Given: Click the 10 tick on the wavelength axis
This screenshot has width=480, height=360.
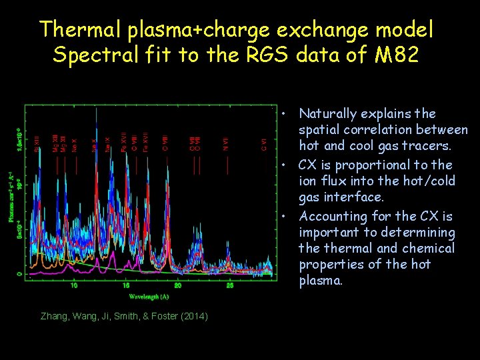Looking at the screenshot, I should pos(73,285).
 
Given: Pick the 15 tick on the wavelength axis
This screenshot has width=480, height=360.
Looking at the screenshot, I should pos(126,285).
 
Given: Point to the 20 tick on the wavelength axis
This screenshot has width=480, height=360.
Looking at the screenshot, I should pos(178,285).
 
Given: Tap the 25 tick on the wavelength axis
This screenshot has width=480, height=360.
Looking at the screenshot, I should pos(230,285).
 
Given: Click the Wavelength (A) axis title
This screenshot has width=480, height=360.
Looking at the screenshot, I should pos(149,295).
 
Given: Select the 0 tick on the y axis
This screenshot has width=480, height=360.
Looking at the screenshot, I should pos(19,273).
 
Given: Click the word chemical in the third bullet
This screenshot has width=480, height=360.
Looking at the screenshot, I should pos(429,249).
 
